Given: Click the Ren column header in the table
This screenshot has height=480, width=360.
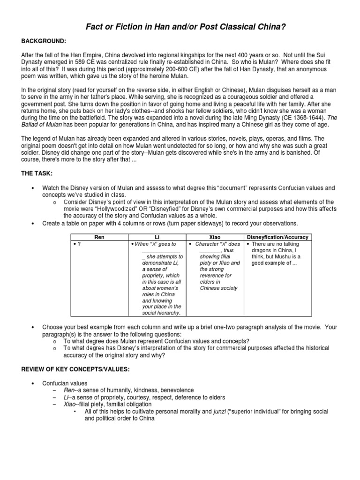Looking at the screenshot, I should [x=99, y=238].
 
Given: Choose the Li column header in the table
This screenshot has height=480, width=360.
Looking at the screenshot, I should [x=157, y=238].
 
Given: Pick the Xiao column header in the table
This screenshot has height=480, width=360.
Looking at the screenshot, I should [x=216, y=238].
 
